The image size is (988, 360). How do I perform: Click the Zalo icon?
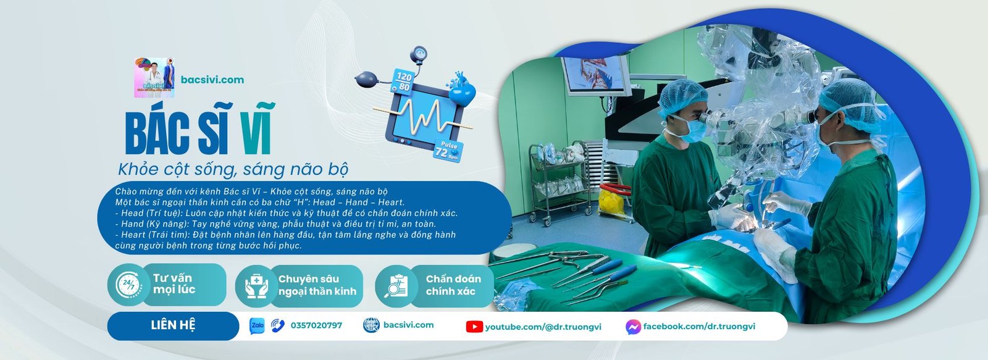(x=257, y=325)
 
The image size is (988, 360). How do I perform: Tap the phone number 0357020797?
(x=316, y=325)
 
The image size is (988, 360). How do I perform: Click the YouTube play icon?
(x=474, y=327)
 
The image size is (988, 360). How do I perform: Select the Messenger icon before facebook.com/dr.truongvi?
(x=633, y=327)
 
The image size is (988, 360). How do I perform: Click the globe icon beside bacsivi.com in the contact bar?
(x=371, y=325)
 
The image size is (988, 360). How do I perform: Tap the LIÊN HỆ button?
(x=173, y=325)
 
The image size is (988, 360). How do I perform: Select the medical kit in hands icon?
(x=257, y=285)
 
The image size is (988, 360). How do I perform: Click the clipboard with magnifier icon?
(x=396, y=285)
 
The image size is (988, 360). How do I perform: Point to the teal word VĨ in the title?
(x=256, y=128)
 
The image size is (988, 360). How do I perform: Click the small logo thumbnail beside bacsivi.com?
(x=154, y=78)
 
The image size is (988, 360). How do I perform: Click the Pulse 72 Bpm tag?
(x=448, y=150)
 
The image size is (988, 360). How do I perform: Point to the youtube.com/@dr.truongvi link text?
(x=543, y=327)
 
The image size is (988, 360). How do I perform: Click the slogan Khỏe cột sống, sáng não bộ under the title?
(x=233, y=170)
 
